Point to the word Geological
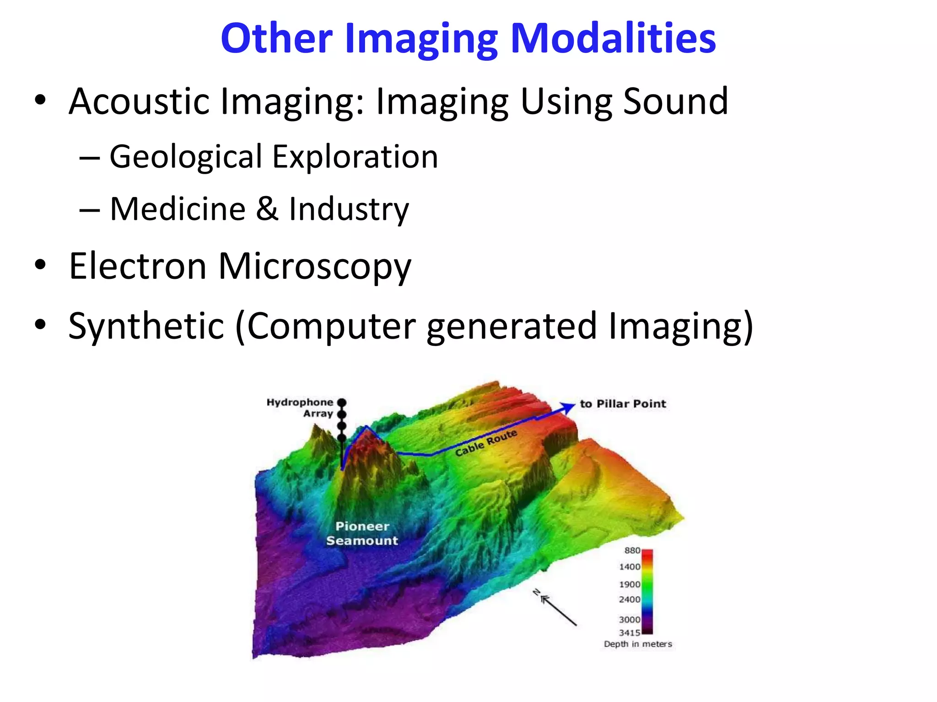pyautogui.click(x=185, y=157)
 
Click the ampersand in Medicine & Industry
pyautogui.click(x=267, y=209)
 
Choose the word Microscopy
pyautogui.click(x=315, y=267)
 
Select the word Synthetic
pyautogui.click(x=146, y=326)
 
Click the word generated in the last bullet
pyautogui.click(x=512, y=326)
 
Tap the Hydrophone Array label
pyautogui.click(x=300, y=408)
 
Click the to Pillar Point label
pyautogui.click(x=623, y=404)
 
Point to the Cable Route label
pyautogui.click(x=486, y=442)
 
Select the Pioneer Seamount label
pyautogui.click(x=362, y=533)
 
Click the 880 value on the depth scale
pyautogui.click(x=632, y=551)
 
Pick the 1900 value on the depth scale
pyautogui.click(x=629, y=585)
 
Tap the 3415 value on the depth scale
pyautogui.click(x=629, y=633)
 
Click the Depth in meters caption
pyautogui.click(x=638, y=644)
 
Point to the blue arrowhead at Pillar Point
pyautogui.click(x=570, y=406)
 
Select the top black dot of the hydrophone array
pyautogui.click(x=342, y=403)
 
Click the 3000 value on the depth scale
pyautogui.click(x=629, y=620)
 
